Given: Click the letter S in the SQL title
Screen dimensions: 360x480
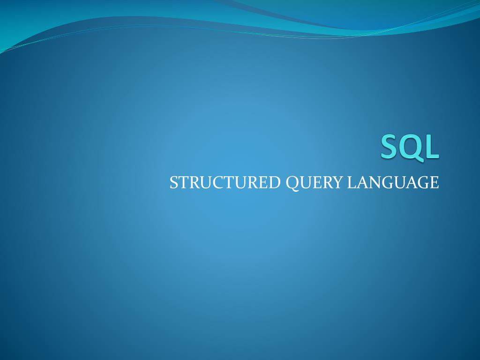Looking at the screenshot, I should point(390,147).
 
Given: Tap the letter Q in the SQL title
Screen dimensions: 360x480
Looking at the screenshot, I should point(411,148).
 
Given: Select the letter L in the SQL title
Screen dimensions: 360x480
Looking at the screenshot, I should point(432,147).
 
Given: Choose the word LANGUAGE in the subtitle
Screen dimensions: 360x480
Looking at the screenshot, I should point(393,183).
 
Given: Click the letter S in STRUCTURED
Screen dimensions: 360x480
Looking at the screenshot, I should point(173,183).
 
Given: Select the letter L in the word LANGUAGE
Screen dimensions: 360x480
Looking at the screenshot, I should point(352,183).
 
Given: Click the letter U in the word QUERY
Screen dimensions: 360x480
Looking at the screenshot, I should point(305,183).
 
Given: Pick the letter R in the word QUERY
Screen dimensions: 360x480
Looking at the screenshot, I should point(327,183).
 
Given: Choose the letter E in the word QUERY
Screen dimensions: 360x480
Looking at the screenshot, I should point(316,183).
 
